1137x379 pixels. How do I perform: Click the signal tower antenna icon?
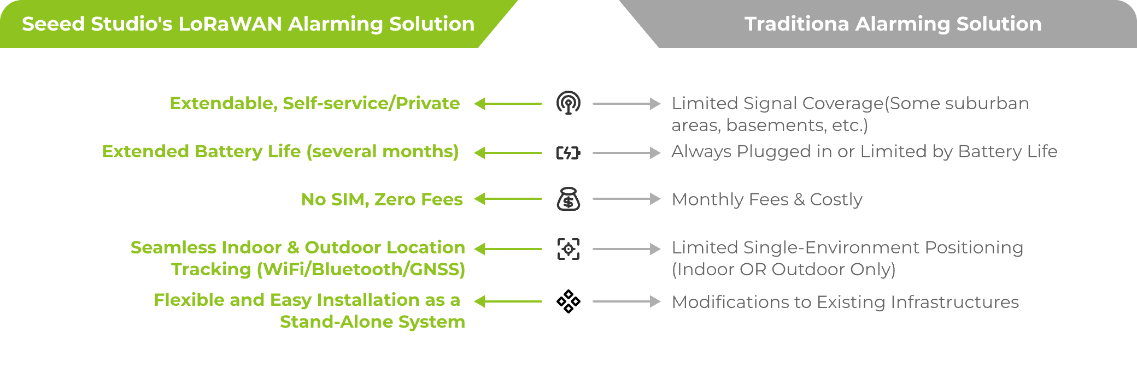pos(568,103)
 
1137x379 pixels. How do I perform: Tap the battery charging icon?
pos(568,153)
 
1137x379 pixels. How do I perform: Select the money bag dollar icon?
pos(568,199)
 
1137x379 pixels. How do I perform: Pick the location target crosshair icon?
pos(568,249)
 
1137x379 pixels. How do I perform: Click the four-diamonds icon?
pos(568,301)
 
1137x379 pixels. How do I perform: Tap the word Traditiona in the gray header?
pos(796,24)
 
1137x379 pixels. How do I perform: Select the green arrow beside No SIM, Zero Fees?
pos(508,199)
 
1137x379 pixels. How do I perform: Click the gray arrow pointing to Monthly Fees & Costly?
pos(626,199)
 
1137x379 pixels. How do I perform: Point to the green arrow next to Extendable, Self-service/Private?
pos(508,103)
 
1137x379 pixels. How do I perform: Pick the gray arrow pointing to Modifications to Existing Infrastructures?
pos(626,301)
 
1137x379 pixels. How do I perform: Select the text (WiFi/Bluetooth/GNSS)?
pos(361,269)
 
